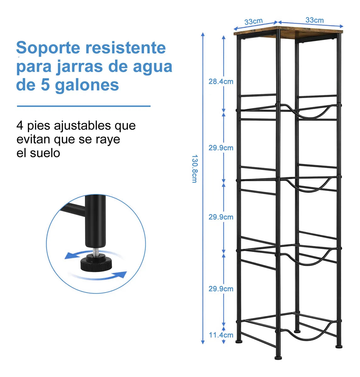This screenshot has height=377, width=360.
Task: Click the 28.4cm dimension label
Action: tap(221, 82)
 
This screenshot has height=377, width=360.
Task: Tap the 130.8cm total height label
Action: tap(194, 168)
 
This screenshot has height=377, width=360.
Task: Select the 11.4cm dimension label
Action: tap(221, 335)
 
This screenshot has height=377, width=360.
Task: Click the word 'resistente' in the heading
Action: tap(125, 48)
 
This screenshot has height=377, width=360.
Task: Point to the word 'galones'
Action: tap(87, 85)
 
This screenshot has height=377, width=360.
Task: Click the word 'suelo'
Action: tap(45, 153)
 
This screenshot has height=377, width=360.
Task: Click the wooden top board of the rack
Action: tap(288, 32)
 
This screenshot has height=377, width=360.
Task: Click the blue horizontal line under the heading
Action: tap(83, 106)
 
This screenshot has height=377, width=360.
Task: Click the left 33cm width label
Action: tap(253, 22)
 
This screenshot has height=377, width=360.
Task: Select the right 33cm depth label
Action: tap(314, 20)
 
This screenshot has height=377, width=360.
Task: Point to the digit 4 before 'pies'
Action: tap(20, 126)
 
